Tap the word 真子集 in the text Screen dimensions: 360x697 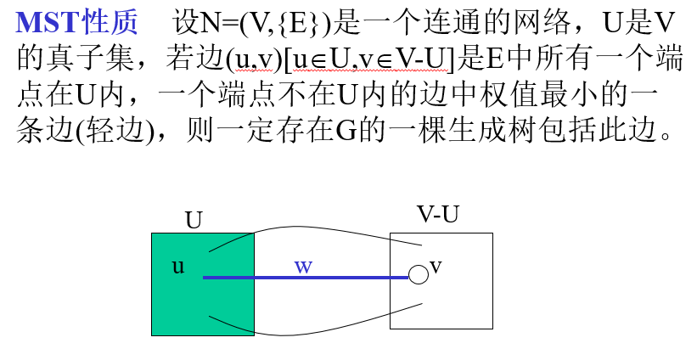tap(95, 59)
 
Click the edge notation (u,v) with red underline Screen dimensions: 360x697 tap(252, 59)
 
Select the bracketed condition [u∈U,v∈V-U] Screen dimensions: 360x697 tap(369, 59)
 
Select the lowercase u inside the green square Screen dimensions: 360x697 tap(178, 266)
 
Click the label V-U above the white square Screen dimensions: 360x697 tap(438, 216)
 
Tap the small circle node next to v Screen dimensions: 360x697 tap(418, 274)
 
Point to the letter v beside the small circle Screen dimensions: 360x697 tap(436, 266)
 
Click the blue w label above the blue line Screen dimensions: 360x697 tap(303, 266)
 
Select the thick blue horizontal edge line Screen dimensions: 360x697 tap(340, 278)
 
